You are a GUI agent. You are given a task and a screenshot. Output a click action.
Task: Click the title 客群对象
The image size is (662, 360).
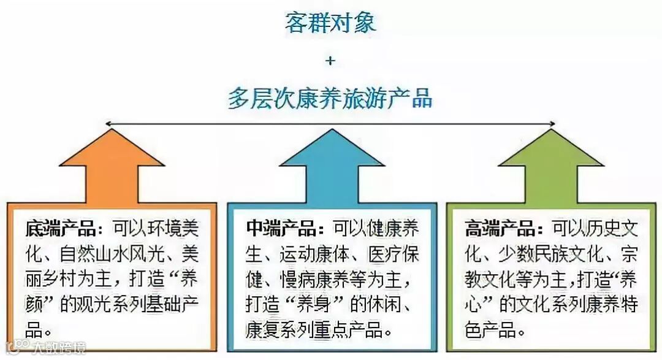[x=330, y=23]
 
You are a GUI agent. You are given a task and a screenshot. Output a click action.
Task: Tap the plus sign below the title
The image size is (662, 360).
[x=331, y=60]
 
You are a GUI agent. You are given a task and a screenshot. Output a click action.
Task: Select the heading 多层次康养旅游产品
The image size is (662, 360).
[x=330, y=98]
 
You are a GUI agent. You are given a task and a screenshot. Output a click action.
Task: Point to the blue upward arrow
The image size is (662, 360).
[x=332, y=166]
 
